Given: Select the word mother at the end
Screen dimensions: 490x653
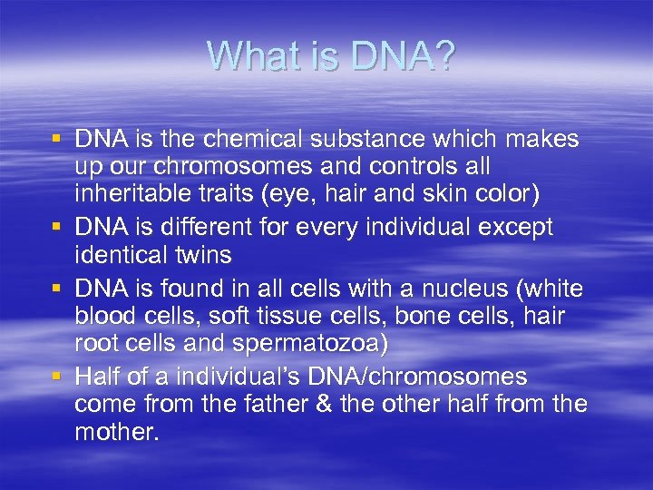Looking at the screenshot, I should [117, 433].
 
